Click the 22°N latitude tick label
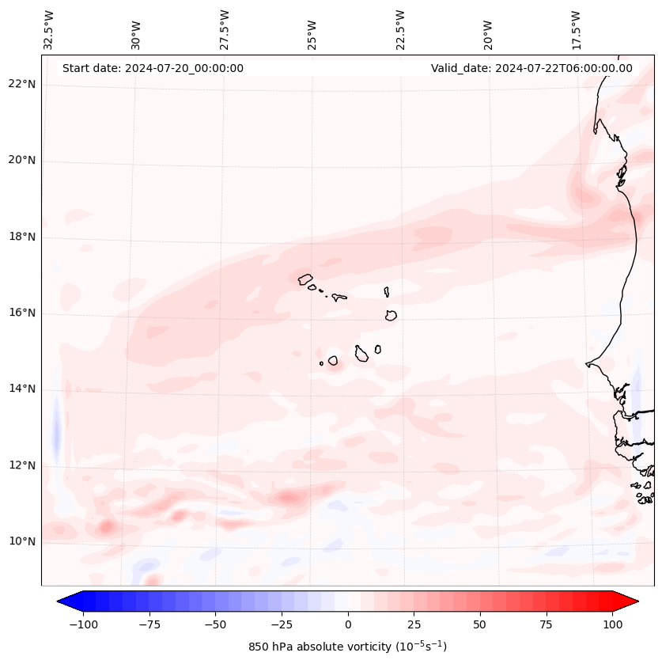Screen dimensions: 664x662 22,84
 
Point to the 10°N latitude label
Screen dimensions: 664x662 22,541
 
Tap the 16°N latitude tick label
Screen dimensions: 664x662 22,313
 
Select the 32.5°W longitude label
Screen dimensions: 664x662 49,29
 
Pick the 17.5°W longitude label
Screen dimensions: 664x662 576,29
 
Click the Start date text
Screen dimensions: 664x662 153,68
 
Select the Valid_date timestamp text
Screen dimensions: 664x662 531,68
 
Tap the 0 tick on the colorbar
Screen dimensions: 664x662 348,624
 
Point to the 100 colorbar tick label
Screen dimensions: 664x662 613,624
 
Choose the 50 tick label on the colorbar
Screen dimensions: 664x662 480,624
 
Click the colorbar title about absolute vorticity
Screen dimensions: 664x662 347,647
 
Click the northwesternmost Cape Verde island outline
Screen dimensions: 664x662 305,279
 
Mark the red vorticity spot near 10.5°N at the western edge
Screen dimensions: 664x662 106,526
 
